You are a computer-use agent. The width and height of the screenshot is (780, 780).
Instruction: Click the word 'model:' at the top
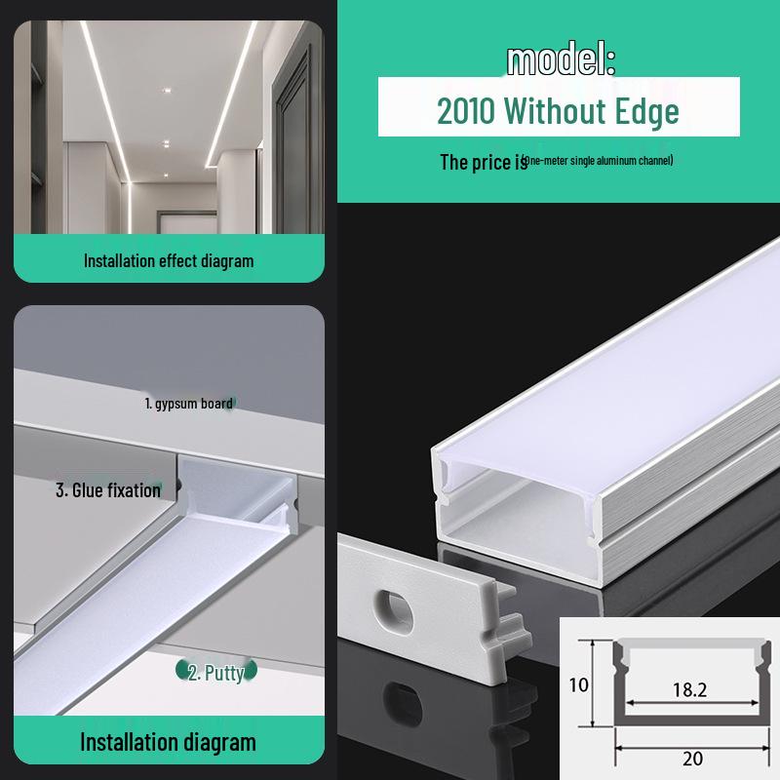[561, 60]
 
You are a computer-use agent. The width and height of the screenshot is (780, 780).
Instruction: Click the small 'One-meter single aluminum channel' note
[597, 160]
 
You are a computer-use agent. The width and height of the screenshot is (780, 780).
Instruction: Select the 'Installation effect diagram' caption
[169, 260]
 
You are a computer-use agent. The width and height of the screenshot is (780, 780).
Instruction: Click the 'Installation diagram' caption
[168, 742]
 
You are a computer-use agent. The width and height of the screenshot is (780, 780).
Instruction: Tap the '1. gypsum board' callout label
[188, 403]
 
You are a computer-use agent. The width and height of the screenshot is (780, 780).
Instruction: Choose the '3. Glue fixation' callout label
[107, 489]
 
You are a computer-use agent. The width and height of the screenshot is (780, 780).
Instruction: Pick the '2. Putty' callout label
[215, 672]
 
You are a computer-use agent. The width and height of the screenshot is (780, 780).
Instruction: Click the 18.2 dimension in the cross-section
[689, 689]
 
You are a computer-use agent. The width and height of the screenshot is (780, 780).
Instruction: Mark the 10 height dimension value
[579, 684]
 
